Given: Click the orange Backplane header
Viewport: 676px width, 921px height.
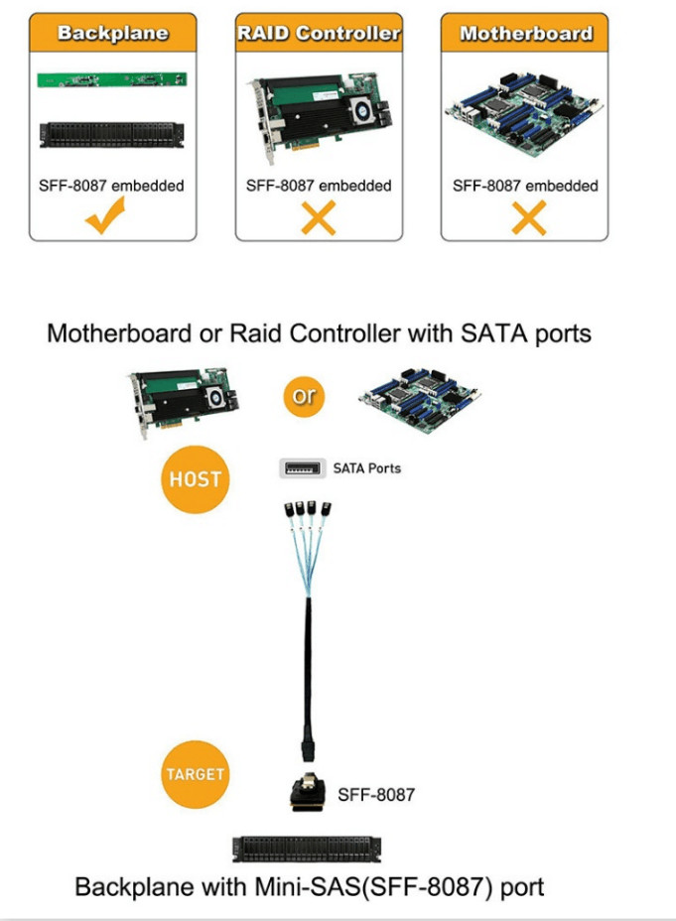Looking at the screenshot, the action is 113,33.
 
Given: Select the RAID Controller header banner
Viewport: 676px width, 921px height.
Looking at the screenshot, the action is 319,33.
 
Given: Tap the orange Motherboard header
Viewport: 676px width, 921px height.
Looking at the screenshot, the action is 525,33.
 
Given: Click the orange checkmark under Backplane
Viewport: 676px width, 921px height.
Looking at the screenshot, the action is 105,215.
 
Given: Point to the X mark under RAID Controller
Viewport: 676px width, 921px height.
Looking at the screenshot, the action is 319,217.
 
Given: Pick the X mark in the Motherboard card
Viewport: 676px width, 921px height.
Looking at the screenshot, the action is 528,217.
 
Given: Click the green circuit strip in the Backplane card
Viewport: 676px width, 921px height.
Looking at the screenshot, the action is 112,79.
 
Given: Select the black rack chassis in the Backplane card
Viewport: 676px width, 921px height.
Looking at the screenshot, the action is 111,135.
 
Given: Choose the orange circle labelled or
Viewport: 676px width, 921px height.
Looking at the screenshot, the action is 304,396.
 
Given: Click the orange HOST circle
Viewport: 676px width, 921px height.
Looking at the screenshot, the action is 195,479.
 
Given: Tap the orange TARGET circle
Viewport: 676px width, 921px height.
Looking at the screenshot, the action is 195,774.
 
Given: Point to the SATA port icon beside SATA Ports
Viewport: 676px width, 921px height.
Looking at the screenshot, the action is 303,468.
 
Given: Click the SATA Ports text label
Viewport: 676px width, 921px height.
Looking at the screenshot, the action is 367,468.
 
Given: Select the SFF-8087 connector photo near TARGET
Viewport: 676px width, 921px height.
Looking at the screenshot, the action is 308,792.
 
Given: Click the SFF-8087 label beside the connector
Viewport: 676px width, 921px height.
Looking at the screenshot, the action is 376,795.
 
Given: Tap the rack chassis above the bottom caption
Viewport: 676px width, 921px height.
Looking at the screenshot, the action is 307,850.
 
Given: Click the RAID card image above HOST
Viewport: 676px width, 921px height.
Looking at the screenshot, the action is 184,402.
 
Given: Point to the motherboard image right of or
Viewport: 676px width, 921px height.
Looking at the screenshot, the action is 419,400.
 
